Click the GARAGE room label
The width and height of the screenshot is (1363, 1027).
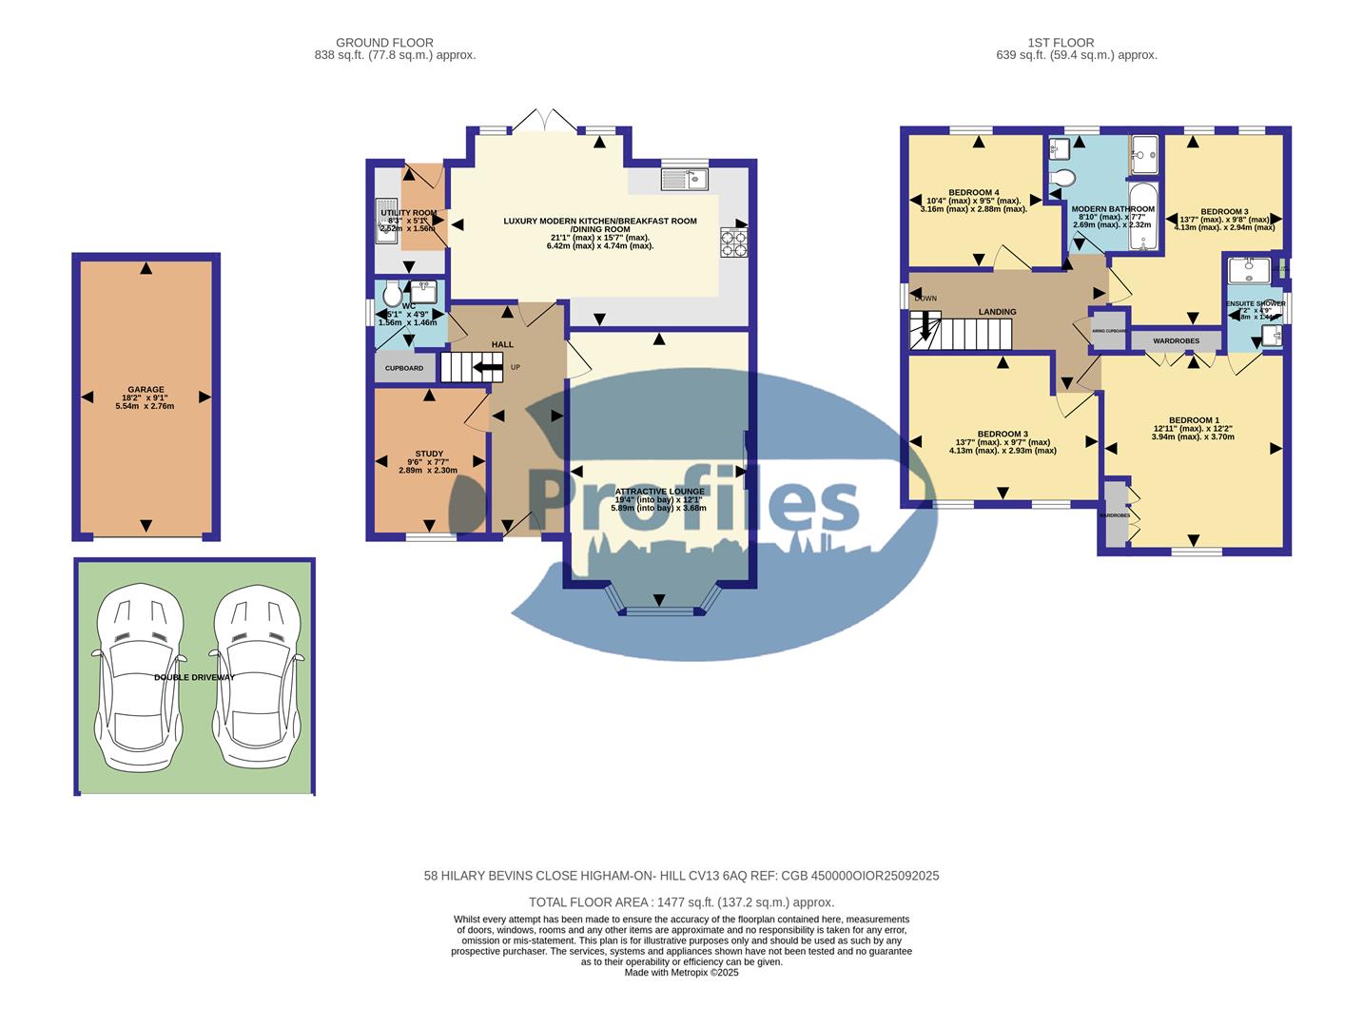146,389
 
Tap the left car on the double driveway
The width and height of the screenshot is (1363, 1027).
136,677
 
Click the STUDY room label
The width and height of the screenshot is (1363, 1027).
429,454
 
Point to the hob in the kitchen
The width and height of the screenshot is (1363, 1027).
733,243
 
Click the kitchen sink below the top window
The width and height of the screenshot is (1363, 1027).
685,178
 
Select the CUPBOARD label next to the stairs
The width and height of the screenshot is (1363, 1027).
404,368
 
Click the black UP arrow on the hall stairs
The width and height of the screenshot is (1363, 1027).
489,367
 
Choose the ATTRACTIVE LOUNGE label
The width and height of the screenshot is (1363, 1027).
659,492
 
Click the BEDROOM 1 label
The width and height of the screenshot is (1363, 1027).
1193,420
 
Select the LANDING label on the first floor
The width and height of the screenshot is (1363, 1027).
997,312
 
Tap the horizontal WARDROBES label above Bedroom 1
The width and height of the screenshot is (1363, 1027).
1176,340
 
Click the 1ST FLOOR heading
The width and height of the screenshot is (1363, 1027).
1061,43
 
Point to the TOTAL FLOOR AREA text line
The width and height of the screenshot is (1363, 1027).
681,902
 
